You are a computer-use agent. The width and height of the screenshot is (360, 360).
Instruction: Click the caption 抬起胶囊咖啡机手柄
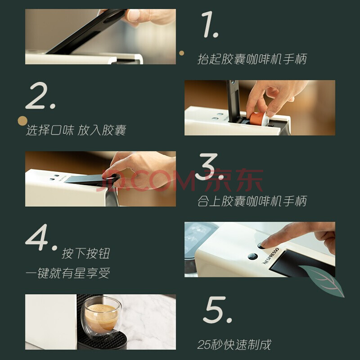[x=252, y=59]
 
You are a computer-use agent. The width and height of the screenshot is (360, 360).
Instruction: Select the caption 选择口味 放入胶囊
[x=76, y=130]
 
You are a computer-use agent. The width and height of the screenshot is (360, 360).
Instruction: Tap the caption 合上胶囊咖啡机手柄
[x=252, y=201]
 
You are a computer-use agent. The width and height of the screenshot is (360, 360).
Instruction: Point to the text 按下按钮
[x=85, y=253]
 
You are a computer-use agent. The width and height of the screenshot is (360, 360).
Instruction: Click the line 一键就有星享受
[x=68, y=273]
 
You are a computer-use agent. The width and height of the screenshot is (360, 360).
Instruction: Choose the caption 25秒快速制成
[x=234, y=345]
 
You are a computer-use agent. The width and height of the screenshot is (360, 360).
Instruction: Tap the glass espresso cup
[x=101, y=317]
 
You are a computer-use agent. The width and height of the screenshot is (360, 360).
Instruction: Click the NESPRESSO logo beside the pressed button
[x=271, y=256]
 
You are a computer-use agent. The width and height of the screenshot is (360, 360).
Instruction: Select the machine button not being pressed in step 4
[x=252, y=256]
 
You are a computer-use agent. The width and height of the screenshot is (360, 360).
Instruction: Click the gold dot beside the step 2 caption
[x=22, y=121]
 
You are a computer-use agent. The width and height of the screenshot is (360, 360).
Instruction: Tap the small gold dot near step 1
[x=181, y=53]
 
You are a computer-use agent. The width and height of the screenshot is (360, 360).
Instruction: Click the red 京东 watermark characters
[x=234, y=180]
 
